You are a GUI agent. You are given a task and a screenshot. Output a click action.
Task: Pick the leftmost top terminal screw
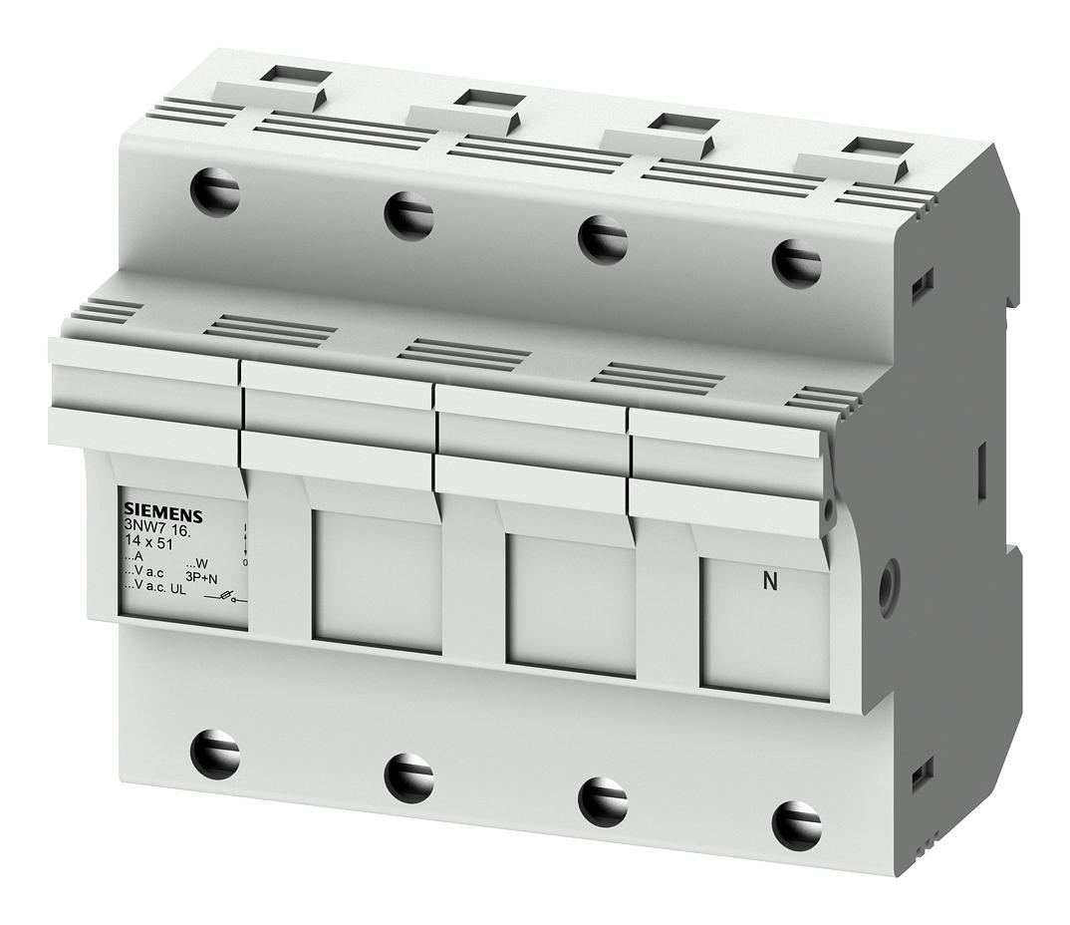(x=215, y=191)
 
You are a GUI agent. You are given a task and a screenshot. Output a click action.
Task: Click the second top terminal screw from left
(x=408, y=214)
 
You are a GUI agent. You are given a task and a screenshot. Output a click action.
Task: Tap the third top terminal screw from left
(x=603, y=239)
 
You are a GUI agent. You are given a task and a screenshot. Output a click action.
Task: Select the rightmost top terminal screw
(x=796, y=262)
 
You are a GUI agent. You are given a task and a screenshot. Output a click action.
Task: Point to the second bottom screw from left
(x=408, y=777)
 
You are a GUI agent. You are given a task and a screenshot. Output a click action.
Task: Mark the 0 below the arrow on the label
(x=245, y=563)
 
